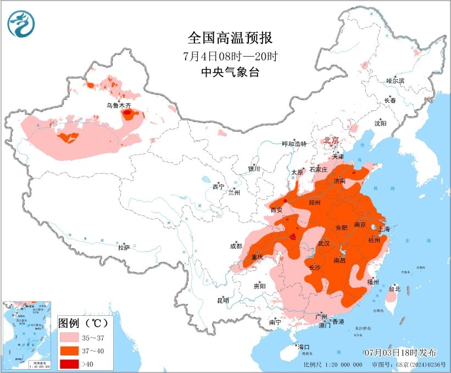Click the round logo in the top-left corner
tap(21, 24)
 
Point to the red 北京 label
tap(332, 140)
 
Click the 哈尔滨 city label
tap(394, 81)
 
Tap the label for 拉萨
tap(124, 248)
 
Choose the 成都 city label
tap(236, 247)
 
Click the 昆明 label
tap(223, 300)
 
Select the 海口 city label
tap(303, 347)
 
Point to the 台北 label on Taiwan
tap(394, 288)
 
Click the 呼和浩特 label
tap(293, 144)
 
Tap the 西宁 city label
tap(218, 187)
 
